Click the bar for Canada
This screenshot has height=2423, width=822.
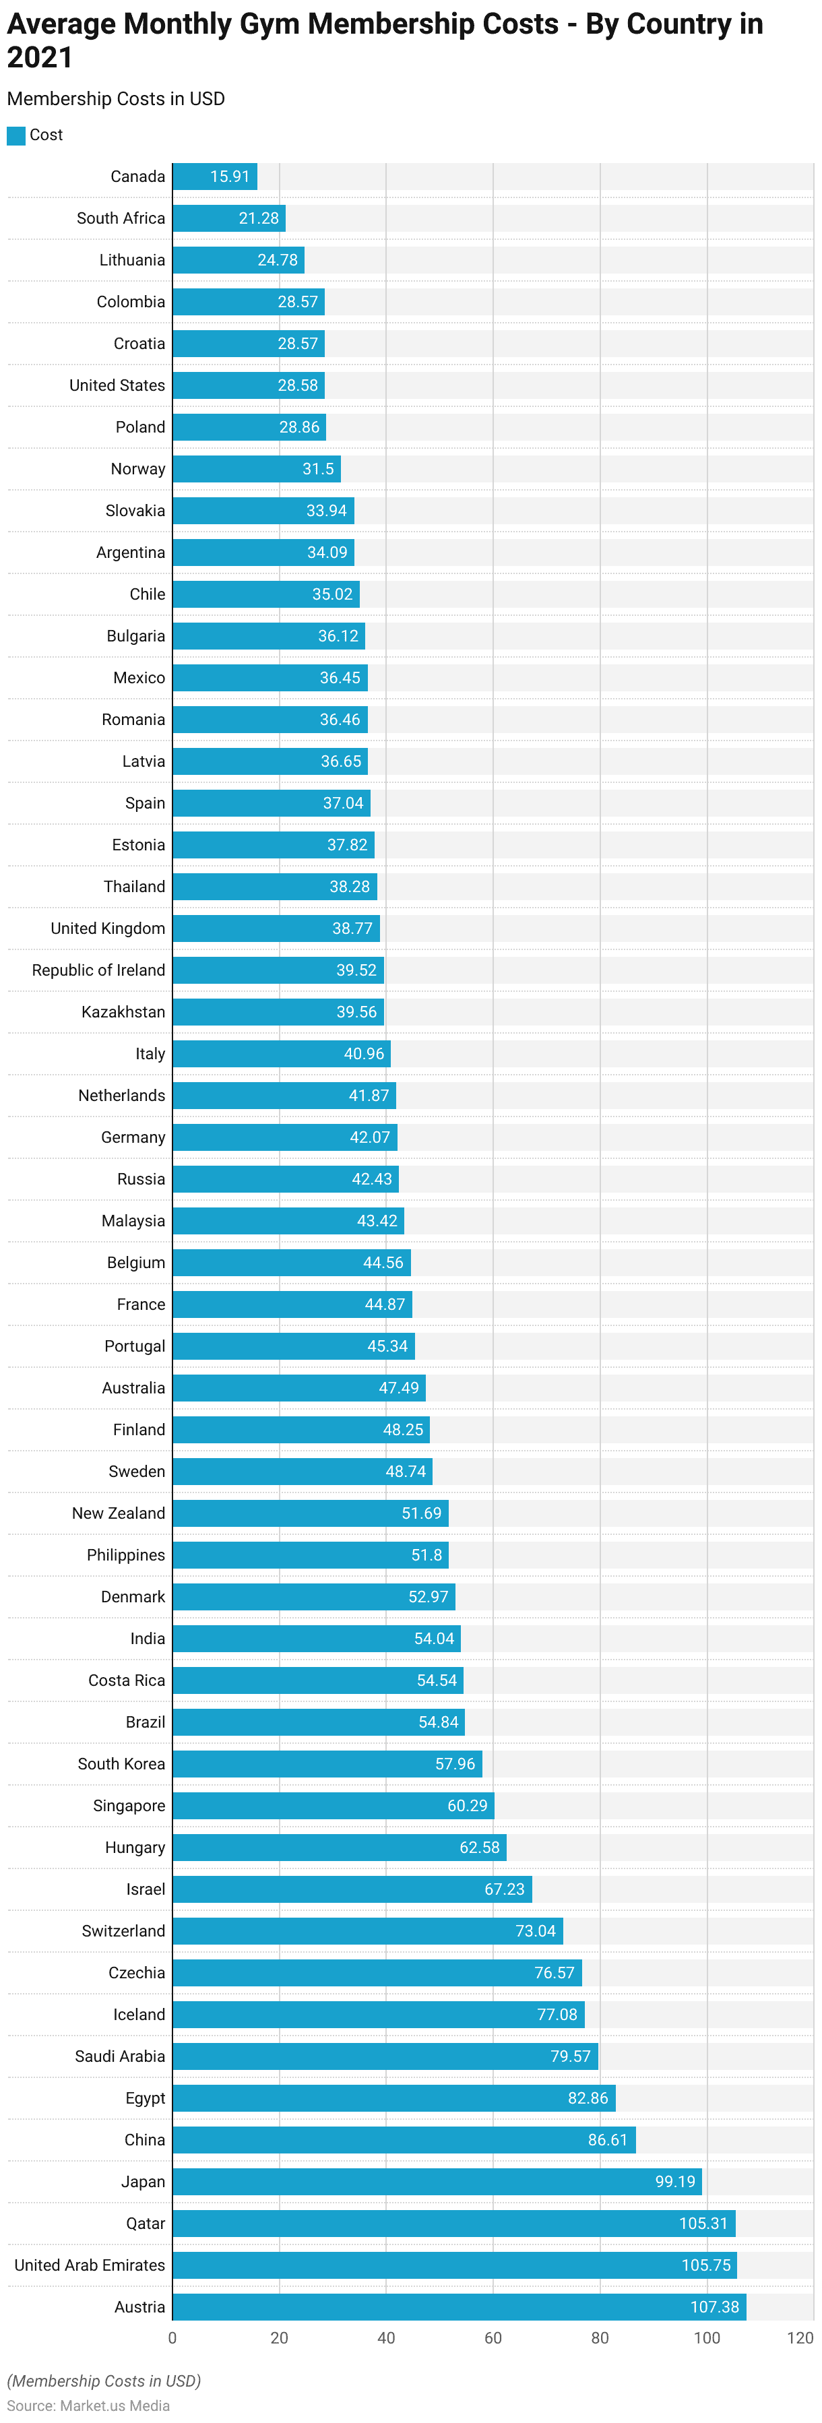coord(214,177)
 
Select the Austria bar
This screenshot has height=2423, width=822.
coord(459,2306)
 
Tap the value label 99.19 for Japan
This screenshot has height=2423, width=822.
coord(674,2181)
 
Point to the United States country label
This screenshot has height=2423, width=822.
coord(117,385)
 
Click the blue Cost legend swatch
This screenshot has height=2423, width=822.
coord(16,135)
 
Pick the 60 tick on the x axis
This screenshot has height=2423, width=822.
coord(493,2337)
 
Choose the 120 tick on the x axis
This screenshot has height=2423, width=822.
coord(800,2337)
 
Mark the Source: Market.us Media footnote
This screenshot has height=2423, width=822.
coord(88,2405)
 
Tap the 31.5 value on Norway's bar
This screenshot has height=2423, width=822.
coord(318,470)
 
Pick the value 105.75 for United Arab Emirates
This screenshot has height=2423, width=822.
coord(705,2265)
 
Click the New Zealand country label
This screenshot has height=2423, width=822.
coord(119,1513)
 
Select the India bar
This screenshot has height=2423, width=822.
coord(316,1639)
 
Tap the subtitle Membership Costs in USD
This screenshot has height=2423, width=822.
coord(116,99)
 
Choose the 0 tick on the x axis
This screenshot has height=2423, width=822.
coord(172,2337)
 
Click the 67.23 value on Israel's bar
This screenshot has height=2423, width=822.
coord(504,1889)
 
